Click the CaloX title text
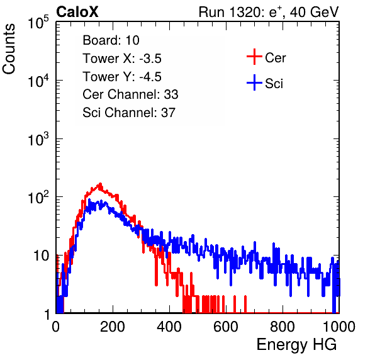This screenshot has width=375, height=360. [x=77, y=12]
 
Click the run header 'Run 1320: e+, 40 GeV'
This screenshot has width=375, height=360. [x=269, y=12]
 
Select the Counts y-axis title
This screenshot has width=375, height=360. [x=9, y=49]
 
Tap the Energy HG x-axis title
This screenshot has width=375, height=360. [x=296, y=344]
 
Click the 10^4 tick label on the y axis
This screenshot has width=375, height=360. [x=38, y=81]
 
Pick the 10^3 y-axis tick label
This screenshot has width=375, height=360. [x=38, y=139]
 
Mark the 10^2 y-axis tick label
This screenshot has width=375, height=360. [x=38, y=198]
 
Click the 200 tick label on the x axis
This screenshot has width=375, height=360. [x=113, y=327]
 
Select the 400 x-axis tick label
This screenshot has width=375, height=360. [x=169, y=327]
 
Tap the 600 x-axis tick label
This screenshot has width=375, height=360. [x=226, y=327]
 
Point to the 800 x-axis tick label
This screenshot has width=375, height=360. [x=283, y=327]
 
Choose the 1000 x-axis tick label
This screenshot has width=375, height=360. [x=339, y=327]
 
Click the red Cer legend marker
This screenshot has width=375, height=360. [x=254, y=57]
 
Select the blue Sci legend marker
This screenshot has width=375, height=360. [x=254, y=83]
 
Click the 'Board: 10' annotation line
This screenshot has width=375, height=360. [x=111, y=40]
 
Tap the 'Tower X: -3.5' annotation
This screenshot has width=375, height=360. [x=122, y=59]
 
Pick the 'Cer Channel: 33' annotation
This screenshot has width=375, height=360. [x=130, y=94]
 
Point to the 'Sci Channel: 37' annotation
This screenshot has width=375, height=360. [x=129, y=113]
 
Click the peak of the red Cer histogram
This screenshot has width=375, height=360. [x=100, y=184]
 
